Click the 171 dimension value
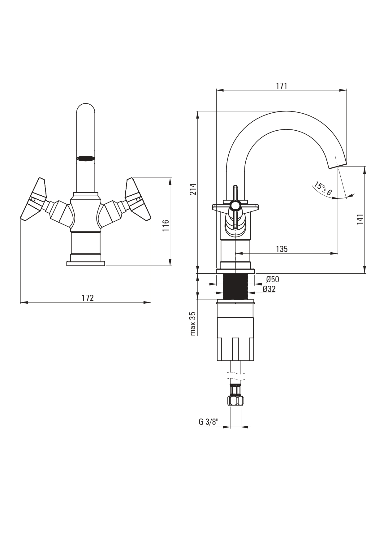(282, 86)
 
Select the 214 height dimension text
(193, 189)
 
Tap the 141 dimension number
(360, 219)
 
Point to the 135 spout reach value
(282, 249)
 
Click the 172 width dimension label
(88, 298)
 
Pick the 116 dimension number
(166, 225)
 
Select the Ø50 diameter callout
(272, 279)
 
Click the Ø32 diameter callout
(269, 289)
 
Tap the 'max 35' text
(193, 324)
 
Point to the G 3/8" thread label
(209, 422)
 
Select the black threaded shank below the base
(235, 287)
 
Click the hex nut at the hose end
(235, 401)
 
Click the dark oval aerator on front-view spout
(86, 158)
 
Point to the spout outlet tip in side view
(337, 166)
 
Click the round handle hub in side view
(235, 205)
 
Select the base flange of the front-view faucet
(86, 263)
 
